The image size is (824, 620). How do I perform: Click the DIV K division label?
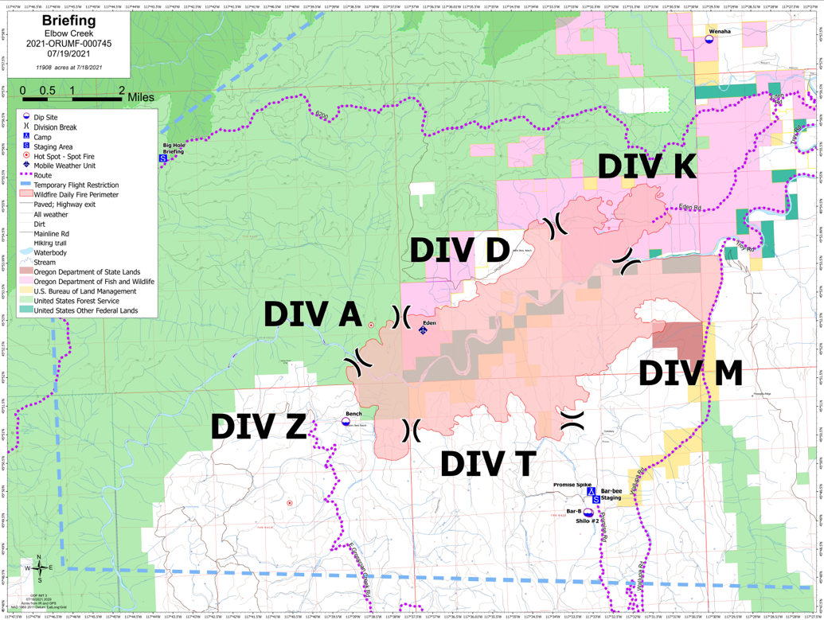click(x=646, y=167)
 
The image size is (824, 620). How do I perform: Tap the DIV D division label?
click(x=459, y=250)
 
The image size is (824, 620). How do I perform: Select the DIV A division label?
click(x=313, y=314)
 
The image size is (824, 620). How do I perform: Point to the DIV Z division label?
click(x=258, y=427)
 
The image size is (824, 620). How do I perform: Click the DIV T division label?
click(x=486, y=464)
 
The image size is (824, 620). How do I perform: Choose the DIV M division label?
click(x=690, y=373)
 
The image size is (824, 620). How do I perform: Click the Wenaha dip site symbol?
click(x=709, y=39)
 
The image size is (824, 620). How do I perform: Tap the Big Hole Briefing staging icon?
click(x=163, y=158)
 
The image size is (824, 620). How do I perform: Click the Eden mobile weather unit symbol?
click(x=423, y=330)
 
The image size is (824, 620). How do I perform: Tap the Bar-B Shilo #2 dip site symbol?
click(x=588, y=513)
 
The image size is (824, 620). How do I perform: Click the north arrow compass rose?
click(x=39, y=567)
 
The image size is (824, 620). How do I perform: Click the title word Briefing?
click(x=68, y=20)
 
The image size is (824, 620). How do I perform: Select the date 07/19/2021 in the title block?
click(x=68, y=54)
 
